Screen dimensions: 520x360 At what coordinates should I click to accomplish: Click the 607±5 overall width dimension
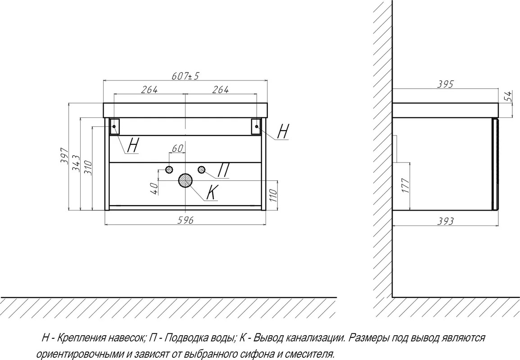point(185,76)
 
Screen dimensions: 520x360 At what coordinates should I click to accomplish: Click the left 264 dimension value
point(149,90)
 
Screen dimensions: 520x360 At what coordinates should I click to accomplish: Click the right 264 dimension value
point(221,90)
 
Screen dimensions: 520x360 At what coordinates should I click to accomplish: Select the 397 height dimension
point(65,155)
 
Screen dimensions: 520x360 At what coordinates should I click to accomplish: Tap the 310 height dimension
point(87,168)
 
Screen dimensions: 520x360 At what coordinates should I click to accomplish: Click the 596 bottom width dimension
point(185,220)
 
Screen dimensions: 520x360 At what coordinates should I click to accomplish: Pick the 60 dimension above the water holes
point(177,148)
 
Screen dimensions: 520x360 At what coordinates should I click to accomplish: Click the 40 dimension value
point(154,189)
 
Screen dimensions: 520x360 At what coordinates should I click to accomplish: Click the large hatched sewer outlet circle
point(185,180)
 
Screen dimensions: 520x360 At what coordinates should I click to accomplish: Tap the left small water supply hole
point(169,170)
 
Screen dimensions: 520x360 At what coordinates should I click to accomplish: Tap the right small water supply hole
point(201,170)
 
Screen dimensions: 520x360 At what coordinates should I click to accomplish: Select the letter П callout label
point(223,171)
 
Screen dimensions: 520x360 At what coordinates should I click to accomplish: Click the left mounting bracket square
point(114,126)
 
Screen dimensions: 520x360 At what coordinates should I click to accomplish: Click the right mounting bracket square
point(257,126)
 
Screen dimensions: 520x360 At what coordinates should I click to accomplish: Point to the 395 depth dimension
point(445,84)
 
